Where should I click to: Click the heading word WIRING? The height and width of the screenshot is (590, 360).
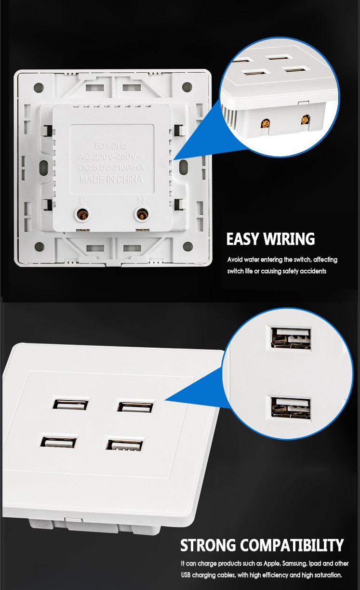[288, 239]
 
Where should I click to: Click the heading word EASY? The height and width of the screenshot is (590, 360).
[243, 239]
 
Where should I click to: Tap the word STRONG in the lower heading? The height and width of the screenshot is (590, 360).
[209, 545]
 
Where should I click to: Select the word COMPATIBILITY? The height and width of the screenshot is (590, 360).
[292, 545]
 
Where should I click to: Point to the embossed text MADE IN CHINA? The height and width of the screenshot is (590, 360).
[111, 179]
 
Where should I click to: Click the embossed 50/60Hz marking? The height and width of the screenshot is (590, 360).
[111, 145]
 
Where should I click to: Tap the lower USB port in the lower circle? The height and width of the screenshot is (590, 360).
[291, 407]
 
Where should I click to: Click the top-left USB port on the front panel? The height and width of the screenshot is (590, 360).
[71, 404]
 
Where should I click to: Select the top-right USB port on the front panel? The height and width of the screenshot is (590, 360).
[136, 406]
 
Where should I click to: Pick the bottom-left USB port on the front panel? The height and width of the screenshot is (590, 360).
[59, 441]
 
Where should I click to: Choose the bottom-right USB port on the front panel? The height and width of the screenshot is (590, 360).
[125, 444]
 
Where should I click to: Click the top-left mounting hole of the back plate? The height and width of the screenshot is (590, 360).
[38, 88]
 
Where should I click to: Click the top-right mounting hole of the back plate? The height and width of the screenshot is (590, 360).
[187, 87]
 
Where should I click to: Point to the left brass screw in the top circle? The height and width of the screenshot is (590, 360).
[265, 123]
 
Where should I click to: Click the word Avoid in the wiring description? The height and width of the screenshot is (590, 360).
[235, 260]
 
